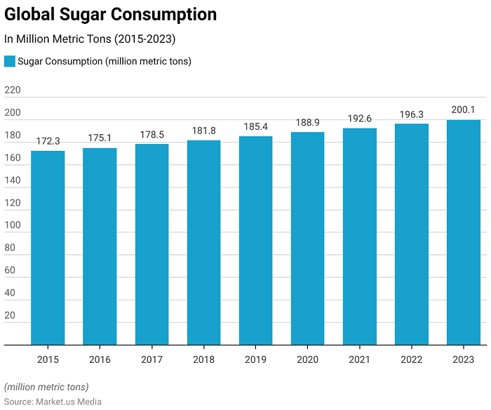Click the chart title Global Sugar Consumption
tap(111, 15)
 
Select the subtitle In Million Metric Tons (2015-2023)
tap(90, 39)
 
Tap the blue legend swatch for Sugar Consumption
tap(10, 61)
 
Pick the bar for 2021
tap(360, 237)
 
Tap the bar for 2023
tap(464, 232)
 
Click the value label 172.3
tap(48, 141)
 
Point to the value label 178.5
tap(152, 134)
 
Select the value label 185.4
tap(255, 126)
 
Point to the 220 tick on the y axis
tap(13, 91)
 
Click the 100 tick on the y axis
tap(13, 225)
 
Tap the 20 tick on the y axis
tap(10, 315)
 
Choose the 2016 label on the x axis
tap(100, 359)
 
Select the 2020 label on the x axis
tap(307, 359)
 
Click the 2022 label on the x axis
tap(412, 359)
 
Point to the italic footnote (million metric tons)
tap(46, 387)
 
